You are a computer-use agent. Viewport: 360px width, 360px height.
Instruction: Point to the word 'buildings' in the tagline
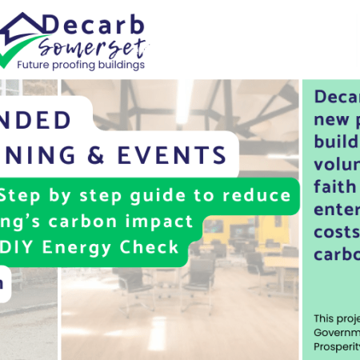coord(145,65)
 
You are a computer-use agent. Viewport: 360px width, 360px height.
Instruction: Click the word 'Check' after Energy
coord(154,246)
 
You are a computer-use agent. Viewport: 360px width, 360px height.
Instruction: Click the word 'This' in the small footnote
coord(326,318)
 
